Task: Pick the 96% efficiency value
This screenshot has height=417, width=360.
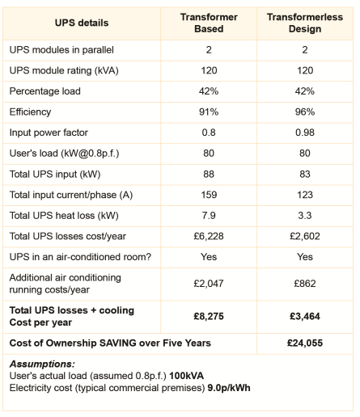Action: (305, 112)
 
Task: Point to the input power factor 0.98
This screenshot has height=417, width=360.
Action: (305, 133)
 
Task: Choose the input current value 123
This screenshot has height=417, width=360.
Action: (305, 194)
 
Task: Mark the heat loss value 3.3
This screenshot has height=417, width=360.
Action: (305, 215)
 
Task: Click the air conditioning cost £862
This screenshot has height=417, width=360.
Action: (305, 284)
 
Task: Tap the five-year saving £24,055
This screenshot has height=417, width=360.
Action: (305, 343)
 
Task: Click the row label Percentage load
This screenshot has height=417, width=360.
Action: (45, 91)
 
